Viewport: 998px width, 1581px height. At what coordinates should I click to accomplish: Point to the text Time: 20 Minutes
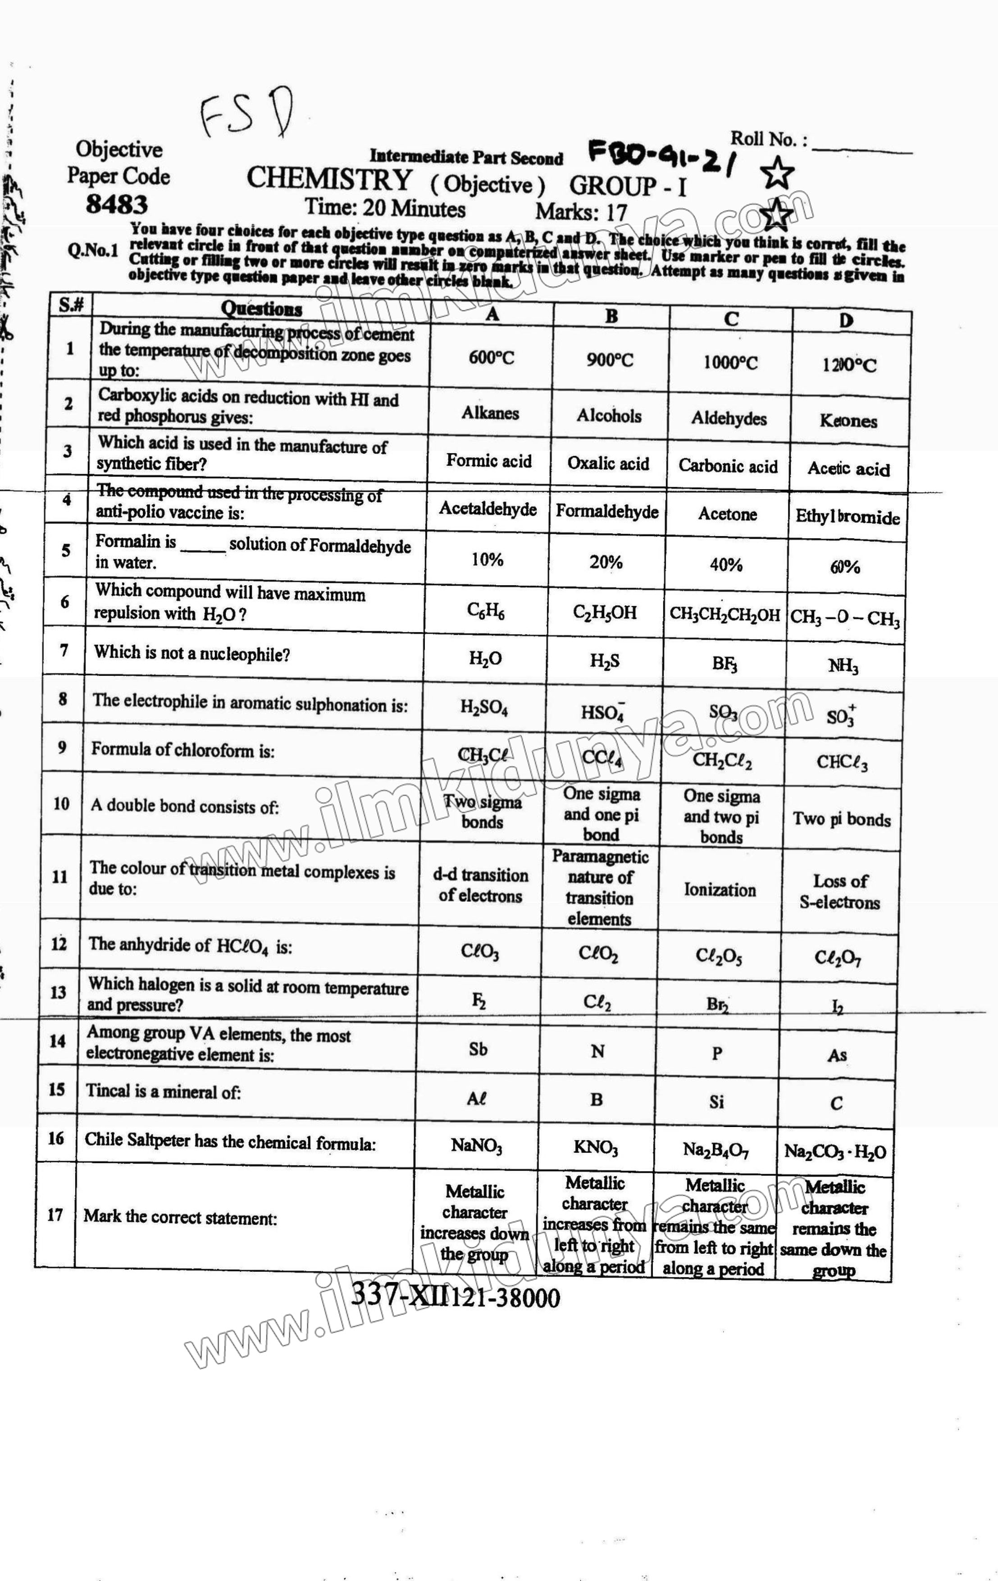[x=385, y=209]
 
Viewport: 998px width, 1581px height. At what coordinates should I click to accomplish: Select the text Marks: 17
[x=581, y=212]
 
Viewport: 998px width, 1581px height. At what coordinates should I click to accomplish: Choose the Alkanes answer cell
[x=490, y=413]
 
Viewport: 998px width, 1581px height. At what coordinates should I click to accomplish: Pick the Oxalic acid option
[x=608, y=463]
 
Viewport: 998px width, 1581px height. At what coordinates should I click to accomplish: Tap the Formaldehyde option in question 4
[x=607, y=512]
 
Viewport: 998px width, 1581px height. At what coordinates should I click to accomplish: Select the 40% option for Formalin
[x=726, y=564]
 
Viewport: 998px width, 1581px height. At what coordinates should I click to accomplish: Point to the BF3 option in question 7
[x=725, y=663]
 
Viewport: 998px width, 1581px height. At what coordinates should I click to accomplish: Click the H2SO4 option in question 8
[x=483, y=708]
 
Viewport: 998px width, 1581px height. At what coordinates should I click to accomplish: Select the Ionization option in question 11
[x=720, y=889]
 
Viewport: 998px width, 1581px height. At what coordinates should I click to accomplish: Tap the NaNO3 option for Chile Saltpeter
[x=476, y=1146]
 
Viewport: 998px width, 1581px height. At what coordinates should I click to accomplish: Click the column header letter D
[x=846, y=321]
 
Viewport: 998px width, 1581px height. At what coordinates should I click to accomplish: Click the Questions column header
[x=261, y=309]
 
